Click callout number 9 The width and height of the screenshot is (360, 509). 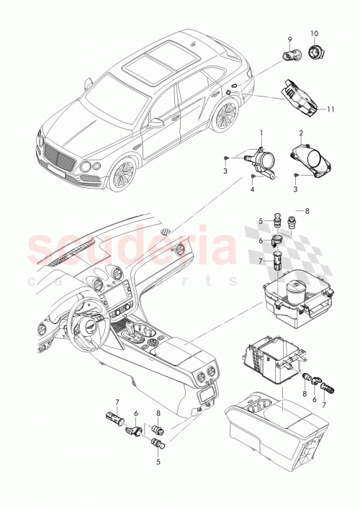[289, 39]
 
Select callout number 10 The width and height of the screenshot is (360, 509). [314, 34]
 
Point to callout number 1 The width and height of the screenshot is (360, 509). [261, 133]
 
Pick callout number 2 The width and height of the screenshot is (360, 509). [301, 133]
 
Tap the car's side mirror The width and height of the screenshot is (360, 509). [156, 124]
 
